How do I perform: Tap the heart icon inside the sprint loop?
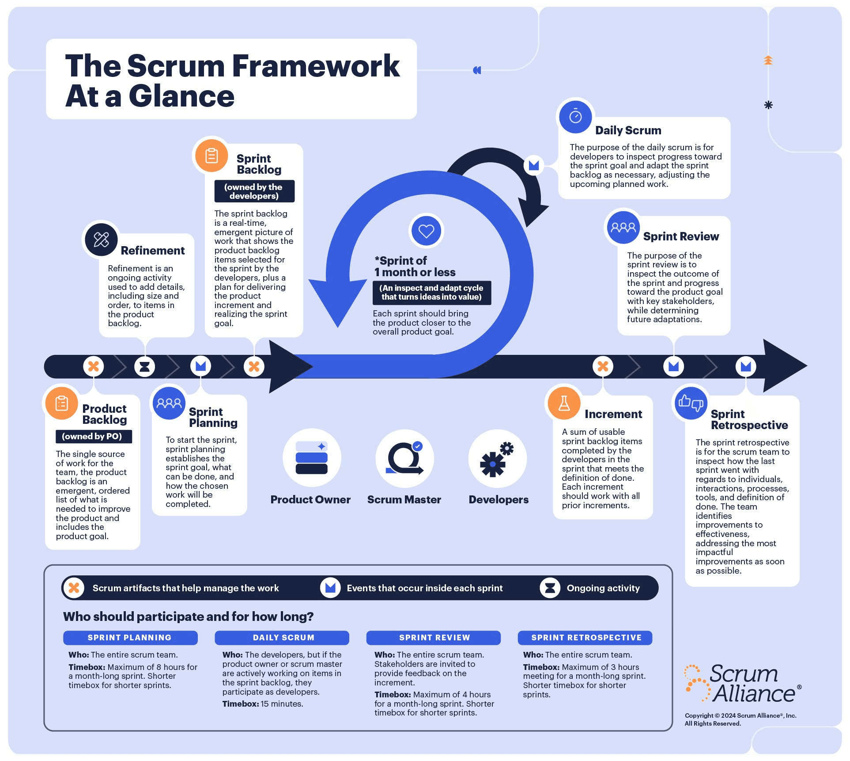coord(426,231)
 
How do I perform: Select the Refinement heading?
coord(152,251)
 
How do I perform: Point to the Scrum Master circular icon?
coord(404,458)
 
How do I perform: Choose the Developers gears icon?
coord(497,459)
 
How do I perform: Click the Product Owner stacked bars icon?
coord(311,458)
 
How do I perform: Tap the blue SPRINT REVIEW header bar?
coord(434,637)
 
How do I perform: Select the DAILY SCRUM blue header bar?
coord(283,637)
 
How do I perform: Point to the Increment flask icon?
coord(564,403)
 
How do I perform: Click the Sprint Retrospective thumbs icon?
coord(691,403)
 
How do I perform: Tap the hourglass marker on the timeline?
coord(144,366)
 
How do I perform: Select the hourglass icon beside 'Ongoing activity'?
coord(550,588)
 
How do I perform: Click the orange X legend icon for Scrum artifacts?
coord(74,588)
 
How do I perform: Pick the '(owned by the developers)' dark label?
coord(254,191)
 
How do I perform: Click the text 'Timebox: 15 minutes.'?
coord(263,704)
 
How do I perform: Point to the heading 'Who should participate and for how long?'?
coord(188,616)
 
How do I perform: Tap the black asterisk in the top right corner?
coord(768,105)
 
